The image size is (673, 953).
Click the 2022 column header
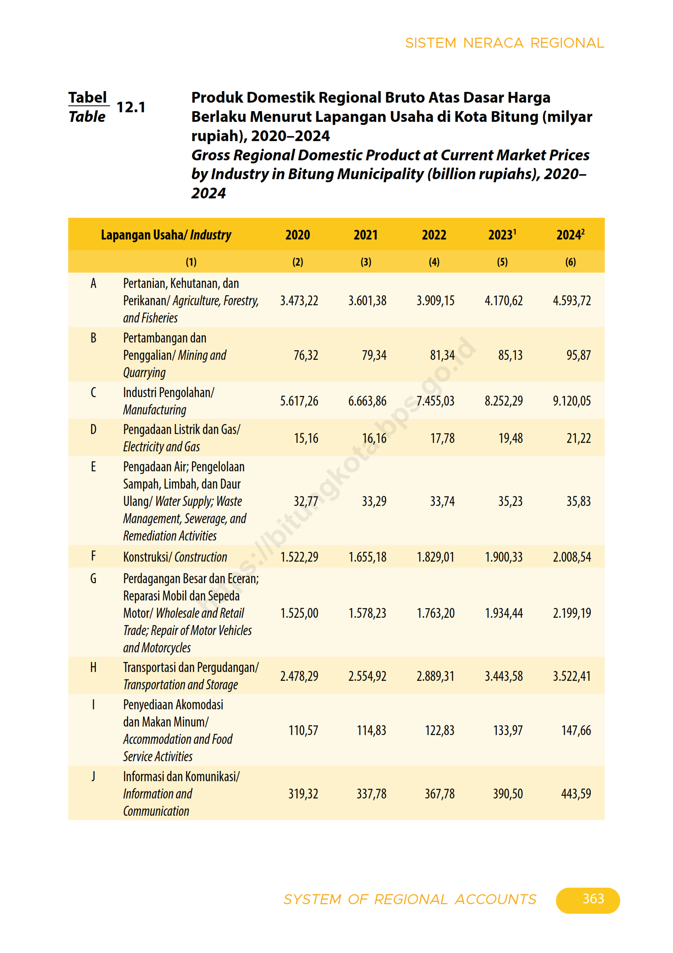click(434, 235)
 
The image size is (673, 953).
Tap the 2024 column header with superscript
click(570, 235)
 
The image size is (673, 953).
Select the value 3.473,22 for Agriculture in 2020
click(299, 301)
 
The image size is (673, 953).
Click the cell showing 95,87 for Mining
click(578, 355)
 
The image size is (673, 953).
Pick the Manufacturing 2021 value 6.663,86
click(367, 401)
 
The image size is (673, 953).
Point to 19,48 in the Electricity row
click(510, 438)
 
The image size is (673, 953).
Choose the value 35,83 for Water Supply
click(578, 501)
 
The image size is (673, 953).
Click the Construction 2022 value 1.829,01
click(435, 557)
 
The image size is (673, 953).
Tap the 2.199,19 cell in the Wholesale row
click(572, 613)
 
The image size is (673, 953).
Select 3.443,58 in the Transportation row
click(504, 676)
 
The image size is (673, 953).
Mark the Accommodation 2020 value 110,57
click(303, 730)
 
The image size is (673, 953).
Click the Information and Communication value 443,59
click(576, 794)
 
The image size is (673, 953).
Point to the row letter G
click(93, 579)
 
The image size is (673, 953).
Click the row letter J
click(93, 776)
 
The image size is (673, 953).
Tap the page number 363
click(593, 899)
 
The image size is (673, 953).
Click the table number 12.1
click(131, 108)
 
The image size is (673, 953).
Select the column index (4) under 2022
click(434, 262)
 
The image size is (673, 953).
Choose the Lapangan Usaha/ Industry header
click(166, 235)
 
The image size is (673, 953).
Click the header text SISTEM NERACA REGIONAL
click(505, 43)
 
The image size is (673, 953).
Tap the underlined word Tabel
click(88, 98)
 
